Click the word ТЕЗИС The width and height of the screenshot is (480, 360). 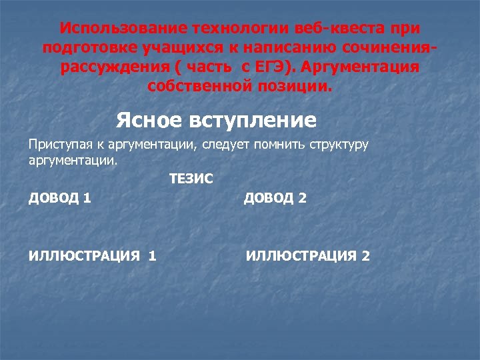[191, 179]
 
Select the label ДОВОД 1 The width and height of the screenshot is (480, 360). [61, 198]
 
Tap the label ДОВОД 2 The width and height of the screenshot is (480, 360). [275, 198]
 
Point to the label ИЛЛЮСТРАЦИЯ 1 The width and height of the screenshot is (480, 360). [93, 255]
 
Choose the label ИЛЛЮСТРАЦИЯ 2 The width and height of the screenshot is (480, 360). [308, 255]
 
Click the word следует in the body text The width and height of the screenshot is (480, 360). [229, 145]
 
